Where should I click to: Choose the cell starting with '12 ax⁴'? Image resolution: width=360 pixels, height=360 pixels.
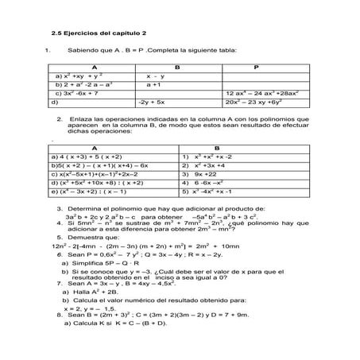[x=255, y=93]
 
